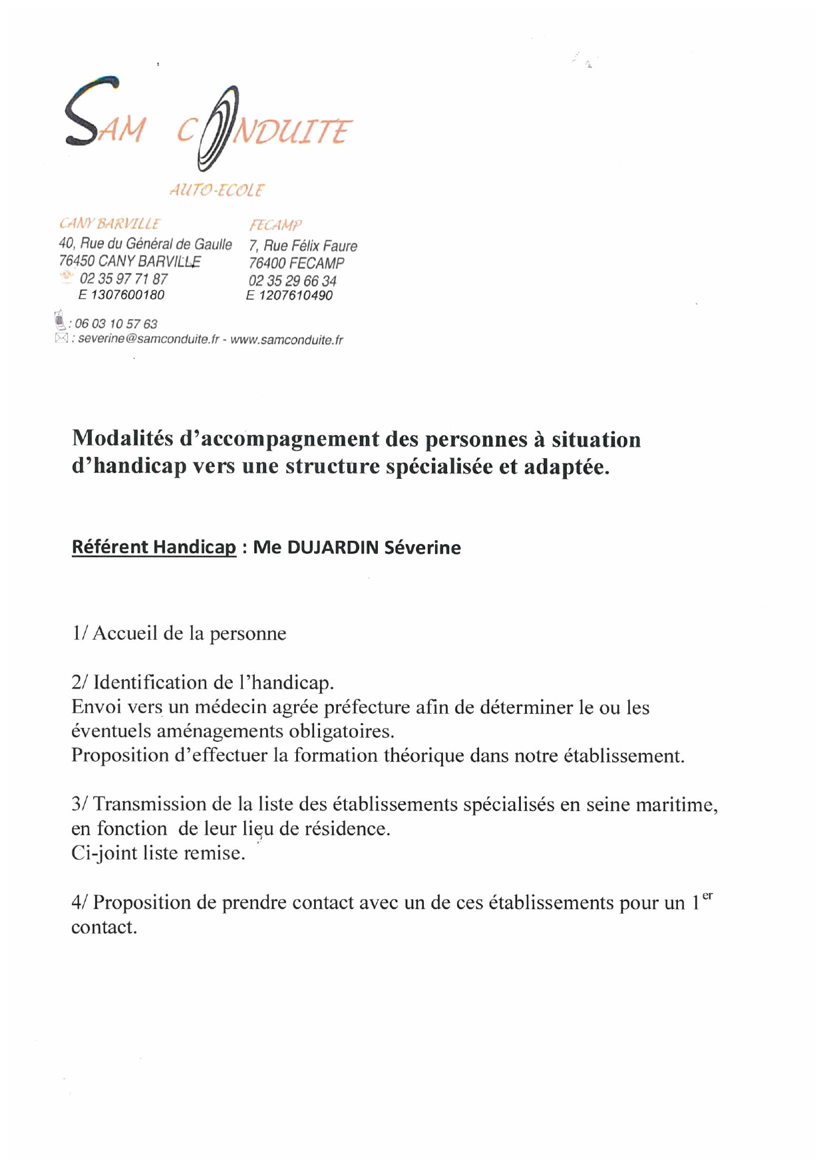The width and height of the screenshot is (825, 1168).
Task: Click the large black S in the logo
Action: tap(92, 112)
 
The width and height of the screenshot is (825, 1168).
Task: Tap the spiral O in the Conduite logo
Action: tap(218, 128)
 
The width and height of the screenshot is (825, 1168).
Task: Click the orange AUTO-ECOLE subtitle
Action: tap(217, 190)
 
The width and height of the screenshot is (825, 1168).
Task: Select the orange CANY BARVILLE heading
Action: tap(110, 224)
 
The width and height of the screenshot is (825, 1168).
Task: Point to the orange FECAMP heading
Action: tap(275, 225)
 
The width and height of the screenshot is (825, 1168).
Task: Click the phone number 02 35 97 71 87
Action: tap(124, 279)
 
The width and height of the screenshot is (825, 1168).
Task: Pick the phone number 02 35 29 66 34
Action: tap(293, 281)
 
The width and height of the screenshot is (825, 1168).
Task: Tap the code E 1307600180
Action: tap(122, 295)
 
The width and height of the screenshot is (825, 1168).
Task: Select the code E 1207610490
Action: tap(289, 296)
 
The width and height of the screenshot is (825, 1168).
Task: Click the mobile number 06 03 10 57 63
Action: tap(116, 324)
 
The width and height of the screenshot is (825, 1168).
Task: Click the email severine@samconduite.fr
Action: tap(148, 340)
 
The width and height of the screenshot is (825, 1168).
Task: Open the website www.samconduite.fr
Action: tap(287, 340)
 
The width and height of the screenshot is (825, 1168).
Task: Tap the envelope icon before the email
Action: tap(61, 338)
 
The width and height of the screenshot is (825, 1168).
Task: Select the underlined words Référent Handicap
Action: tap(154, 547)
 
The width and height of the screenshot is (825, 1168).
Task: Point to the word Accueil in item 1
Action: tap(125, 633)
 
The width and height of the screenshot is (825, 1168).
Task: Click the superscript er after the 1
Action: tap(707, 896)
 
